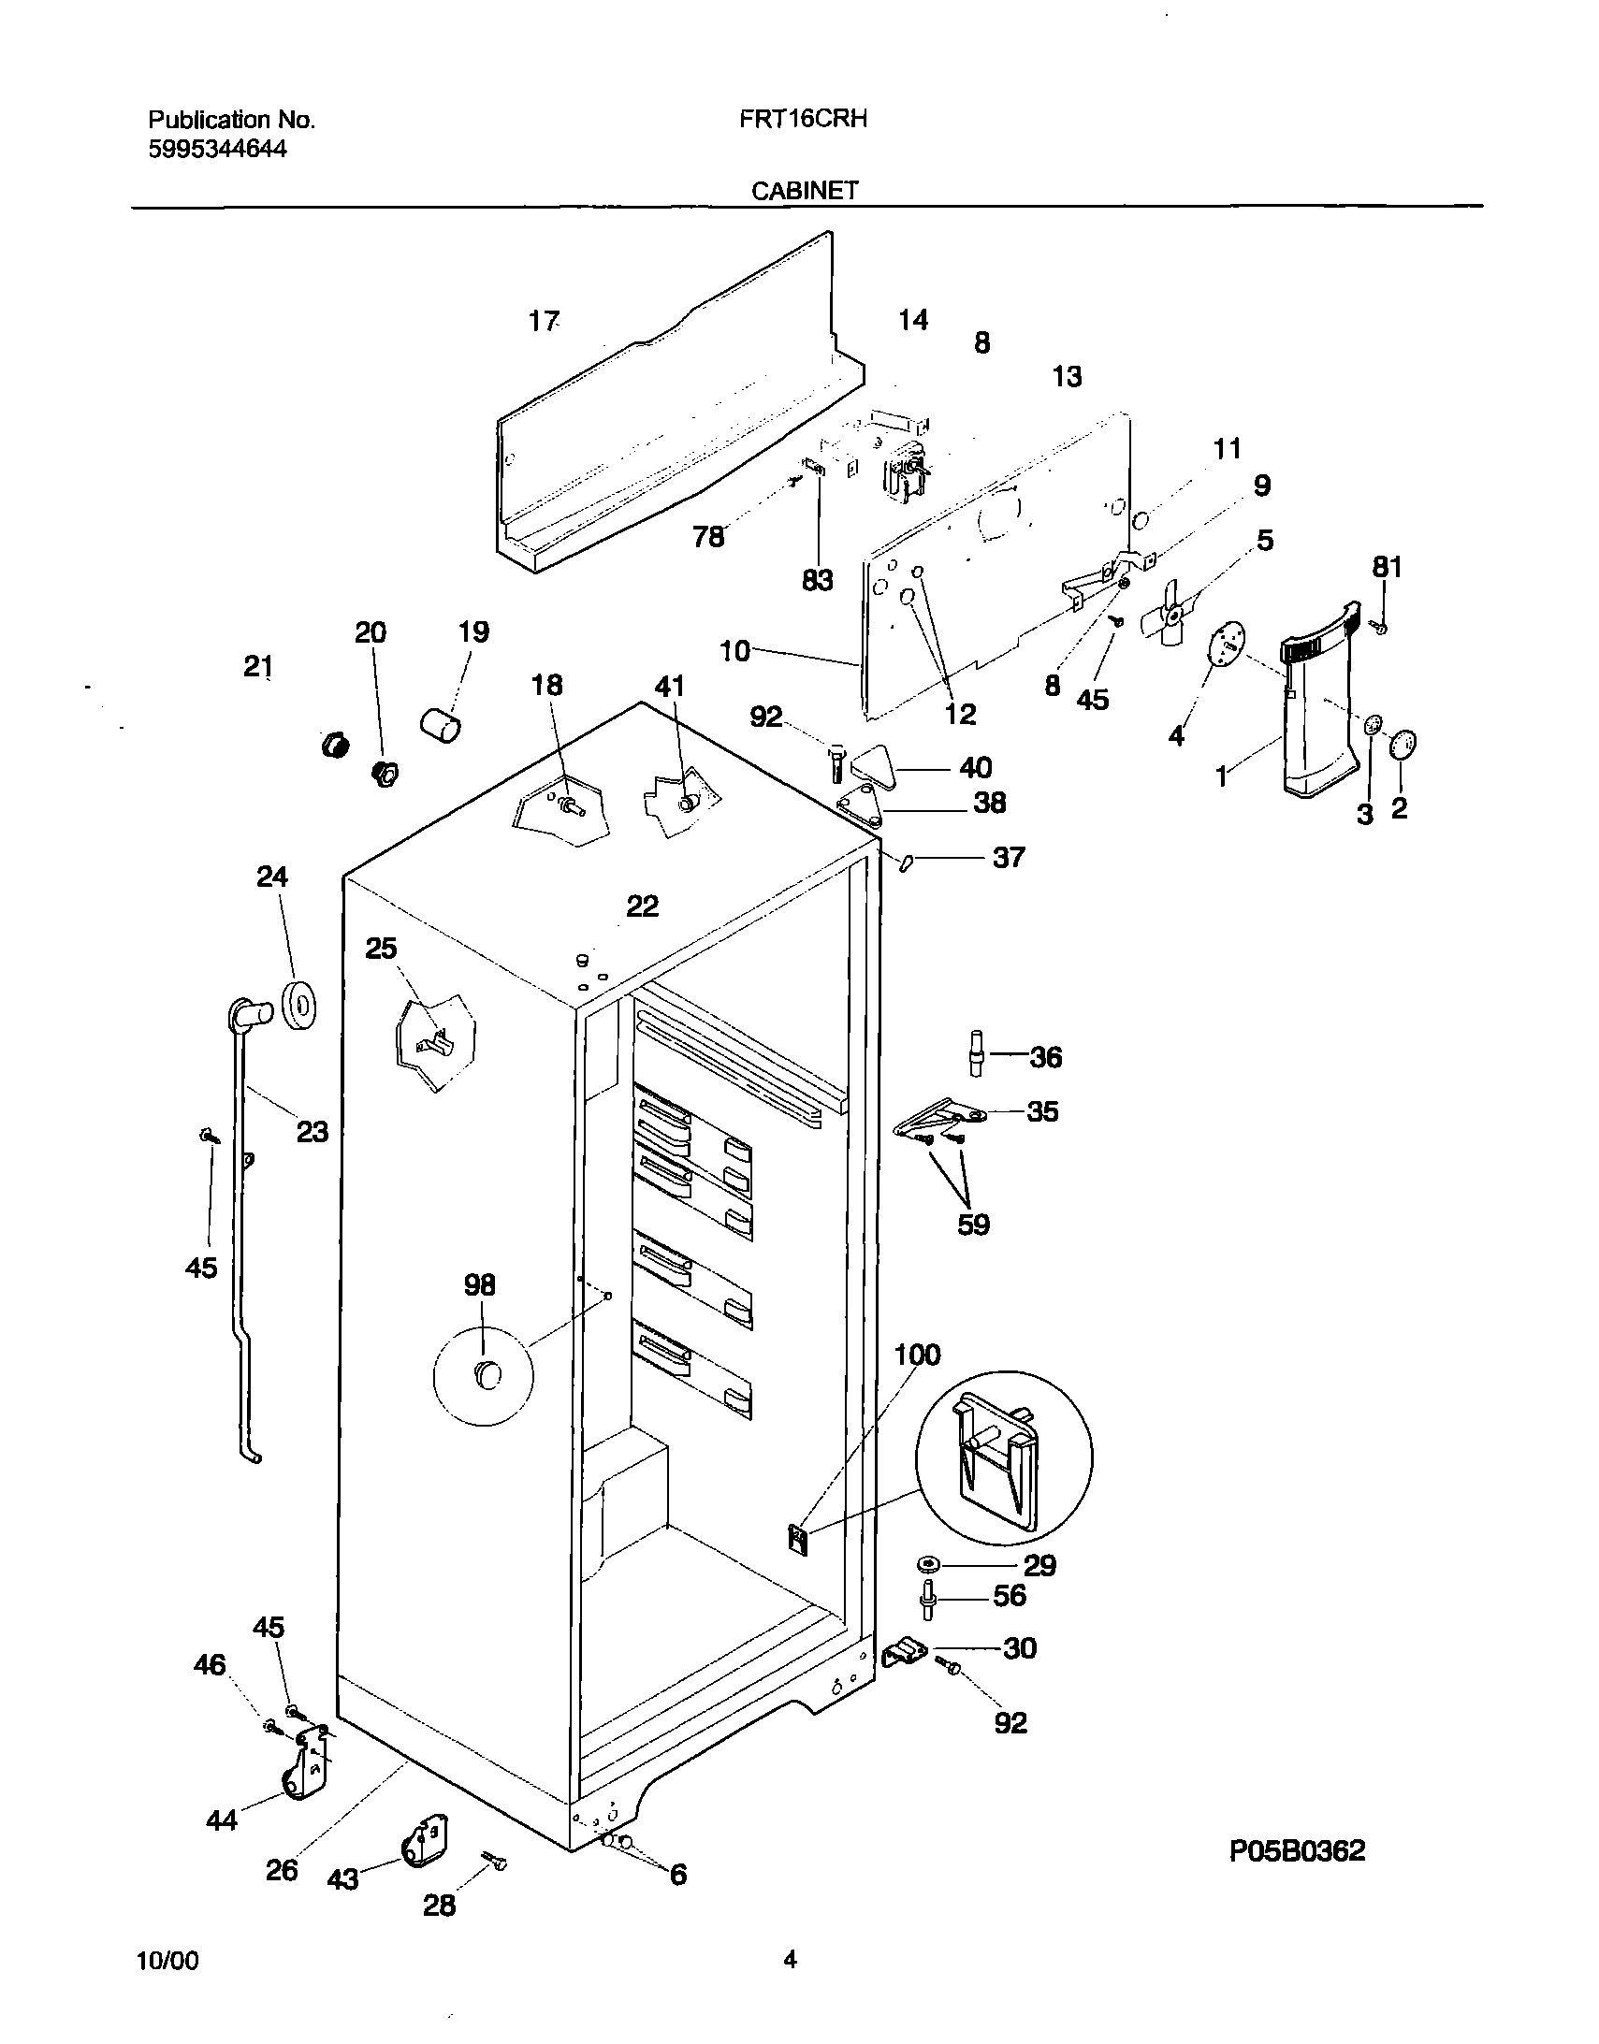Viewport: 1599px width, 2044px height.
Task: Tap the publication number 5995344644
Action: (x=217, y=149)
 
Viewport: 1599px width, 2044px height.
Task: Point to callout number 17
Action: (x=543, y=322)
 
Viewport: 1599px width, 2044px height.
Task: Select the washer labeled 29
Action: (x=930, y=1564)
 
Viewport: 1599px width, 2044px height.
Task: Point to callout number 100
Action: (x=917, y=1355)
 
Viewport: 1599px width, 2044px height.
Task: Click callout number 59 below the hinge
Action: (x=973, y=1225)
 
